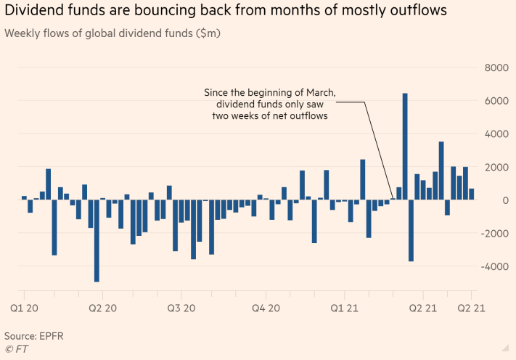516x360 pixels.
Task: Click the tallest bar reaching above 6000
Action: tap(405, 145)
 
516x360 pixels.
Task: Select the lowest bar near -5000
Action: tap(97, 240)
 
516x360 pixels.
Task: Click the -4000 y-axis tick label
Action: tap(493, 266)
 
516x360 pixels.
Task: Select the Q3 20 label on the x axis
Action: tap(183, 308)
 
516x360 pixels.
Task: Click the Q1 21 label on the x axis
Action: tap(345, 308)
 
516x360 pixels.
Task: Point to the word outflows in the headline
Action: tap(414, 11)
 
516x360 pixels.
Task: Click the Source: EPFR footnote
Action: tap(32, 336)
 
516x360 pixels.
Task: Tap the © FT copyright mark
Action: tap(17, 349)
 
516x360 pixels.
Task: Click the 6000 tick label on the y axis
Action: tap(495, 101)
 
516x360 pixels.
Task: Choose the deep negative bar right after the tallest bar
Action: tap(411, 230)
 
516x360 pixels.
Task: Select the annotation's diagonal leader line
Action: tap(378, 149)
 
